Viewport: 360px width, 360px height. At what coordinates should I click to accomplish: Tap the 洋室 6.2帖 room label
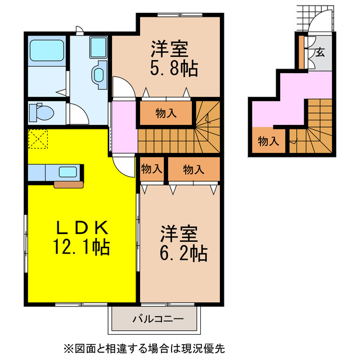[184, 243]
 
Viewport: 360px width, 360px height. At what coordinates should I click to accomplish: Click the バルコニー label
[157, 319]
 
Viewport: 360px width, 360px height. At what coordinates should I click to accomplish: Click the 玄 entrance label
[319, 53]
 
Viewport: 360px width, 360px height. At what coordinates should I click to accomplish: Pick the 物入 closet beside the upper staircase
[166, 113]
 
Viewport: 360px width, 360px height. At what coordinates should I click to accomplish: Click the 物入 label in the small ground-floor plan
[268, 141]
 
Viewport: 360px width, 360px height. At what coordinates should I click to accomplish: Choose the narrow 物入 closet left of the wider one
[151, 168]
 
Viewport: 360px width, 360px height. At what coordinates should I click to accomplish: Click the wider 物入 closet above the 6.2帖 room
[193, 169]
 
